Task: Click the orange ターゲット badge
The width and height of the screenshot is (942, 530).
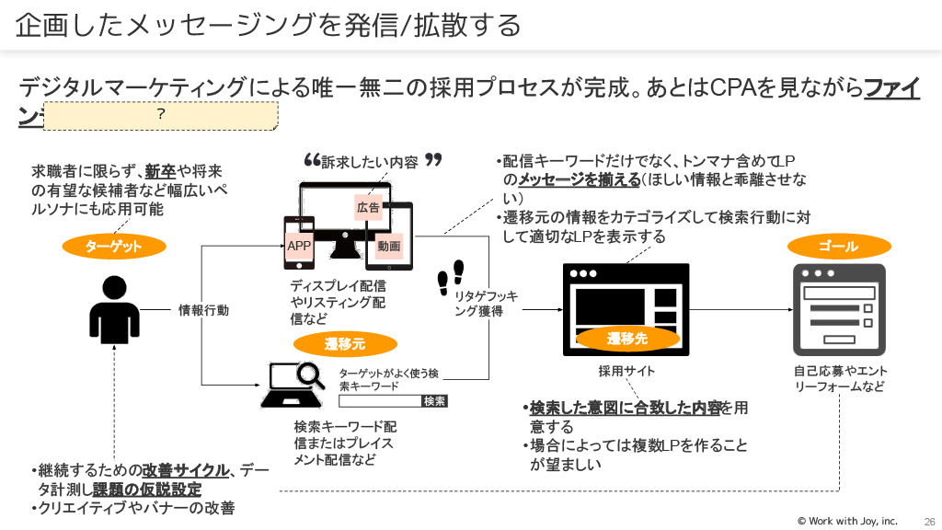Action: (114, 247)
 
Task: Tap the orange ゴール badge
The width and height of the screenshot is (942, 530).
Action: (838, 247)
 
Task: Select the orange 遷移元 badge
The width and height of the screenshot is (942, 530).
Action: (345, 344)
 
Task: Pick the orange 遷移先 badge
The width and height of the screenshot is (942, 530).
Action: (627, 340)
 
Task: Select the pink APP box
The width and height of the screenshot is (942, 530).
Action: (299, 246)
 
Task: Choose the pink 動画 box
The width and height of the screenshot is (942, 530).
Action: (388, 246)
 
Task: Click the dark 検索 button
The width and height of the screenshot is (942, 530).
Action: (434, 401)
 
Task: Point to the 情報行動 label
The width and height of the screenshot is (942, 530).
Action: (203, 310)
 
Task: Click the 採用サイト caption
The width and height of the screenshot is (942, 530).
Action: (626, 371)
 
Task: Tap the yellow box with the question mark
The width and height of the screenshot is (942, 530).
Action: (160, 114)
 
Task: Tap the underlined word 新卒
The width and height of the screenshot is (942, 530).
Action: (161, 172)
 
